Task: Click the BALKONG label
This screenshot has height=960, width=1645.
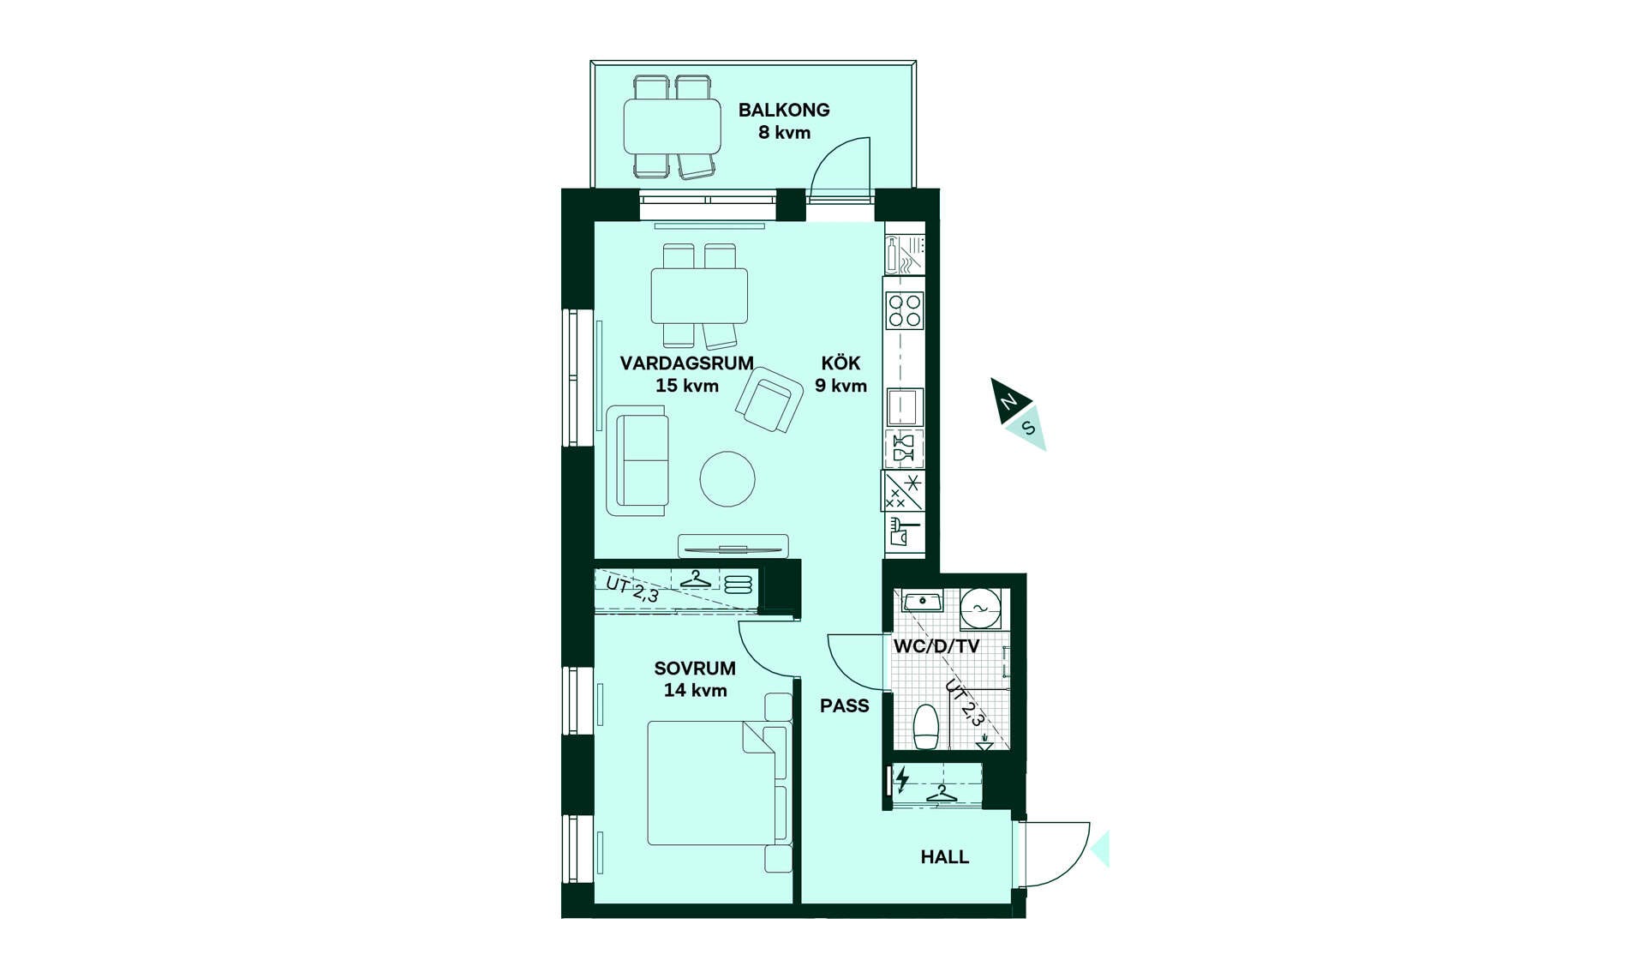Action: pyautogui.click(x=784, y=110)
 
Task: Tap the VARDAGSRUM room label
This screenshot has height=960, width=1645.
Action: pyautogui.click(x=687, y=363)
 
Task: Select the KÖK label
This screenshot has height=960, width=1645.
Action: pyautogui.click(x=840, y=363)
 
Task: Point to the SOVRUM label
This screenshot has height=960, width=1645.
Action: pyautogui.click(x=695, y=668)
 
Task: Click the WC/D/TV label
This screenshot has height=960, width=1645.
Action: pyautogui.click(x=936, y=646)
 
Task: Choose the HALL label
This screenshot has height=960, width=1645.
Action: pyautogui.click(x=945, y=856)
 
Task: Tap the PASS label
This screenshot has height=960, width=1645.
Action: pyautogui.click(x=845, y=705)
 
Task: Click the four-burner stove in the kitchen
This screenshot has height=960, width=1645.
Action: pyautogui.click(x=905, y=310)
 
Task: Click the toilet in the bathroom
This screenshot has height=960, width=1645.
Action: pyautogui.click(x=926, y=727)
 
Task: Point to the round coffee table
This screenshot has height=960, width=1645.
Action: pyautogui.click(x=727, y=478)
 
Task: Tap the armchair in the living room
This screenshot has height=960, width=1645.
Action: pyautogui.click(x=769, y=399)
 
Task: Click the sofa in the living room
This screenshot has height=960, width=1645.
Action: pyautogui.click(x=637, y=461)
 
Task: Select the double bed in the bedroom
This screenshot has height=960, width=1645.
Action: pyautogui.click(x=717, y=783)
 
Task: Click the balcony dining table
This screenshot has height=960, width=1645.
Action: pyautogui.click(x=673, y=127)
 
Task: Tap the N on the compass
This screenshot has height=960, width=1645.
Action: pyautogui.click(x=1009, y=401)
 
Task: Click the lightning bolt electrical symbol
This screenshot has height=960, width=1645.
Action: pyautogui.click(x=902, y=779)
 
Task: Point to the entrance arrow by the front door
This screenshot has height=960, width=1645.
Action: pyautogui.click(x=1100, y=849)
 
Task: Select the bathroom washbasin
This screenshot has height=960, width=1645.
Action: pyautogui.click(x=923, y=601)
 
